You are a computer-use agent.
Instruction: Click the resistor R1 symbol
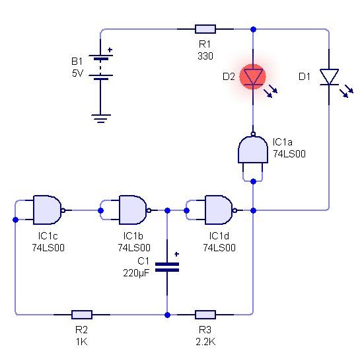(x=205, y=29)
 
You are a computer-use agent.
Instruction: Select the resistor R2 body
(x=82, y=315)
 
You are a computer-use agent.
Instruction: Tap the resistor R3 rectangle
(x=205, y=315)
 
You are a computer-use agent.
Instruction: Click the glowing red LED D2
(x=253, y=77)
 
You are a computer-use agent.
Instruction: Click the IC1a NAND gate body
(x=253, y=150)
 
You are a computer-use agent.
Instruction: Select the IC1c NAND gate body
(x=48, y=210)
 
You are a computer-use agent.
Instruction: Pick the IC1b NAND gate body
(x=133, y=210)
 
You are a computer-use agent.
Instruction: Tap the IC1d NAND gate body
(x=219, y=210)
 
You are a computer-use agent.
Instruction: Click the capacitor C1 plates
(x=167, y=267)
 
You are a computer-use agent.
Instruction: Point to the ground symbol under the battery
(x=101, y=118)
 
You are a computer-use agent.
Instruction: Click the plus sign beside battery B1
(x=110, y=50)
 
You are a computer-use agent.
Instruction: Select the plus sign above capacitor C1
(x=176, y=254)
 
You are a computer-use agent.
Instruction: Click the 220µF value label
(x=136, y=273)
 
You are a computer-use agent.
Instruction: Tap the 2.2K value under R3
(x=205, y=342)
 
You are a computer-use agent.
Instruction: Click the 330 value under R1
(x=205, y=56)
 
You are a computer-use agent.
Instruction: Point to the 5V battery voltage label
(x=77, y=73)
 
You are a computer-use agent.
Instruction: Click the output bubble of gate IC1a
(x=253, y=134)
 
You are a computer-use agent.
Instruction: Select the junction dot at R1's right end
(x=253, y=29)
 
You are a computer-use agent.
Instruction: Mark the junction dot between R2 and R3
(x=167, y=315)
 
